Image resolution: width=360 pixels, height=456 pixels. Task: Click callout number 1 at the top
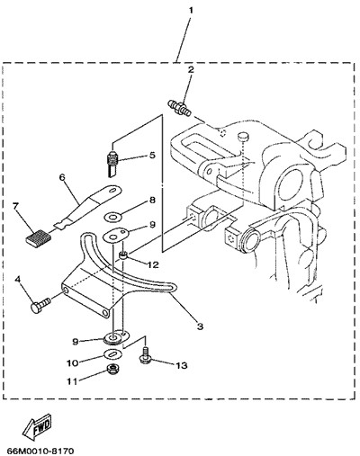[191, 11]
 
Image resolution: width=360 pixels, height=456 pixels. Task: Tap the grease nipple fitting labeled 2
[179, 108]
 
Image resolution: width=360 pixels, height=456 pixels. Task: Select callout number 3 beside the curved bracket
[200, 326]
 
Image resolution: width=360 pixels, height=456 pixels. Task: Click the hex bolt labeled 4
[40, 305]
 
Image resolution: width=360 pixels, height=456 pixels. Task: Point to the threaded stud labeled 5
[112, 164]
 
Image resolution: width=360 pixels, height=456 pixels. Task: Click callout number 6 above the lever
[62, 177]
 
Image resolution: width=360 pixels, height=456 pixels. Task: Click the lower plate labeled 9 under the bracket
[116, 336]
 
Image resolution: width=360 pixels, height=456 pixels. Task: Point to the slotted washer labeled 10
[113, 354]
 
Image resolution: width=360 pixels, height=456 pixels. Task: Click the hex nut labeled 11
[112, 369]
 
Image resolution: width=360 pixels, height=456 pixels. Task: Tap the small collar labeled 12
[124, 255]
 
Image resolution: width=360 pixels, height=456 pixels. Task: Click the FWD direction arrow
[38, 425]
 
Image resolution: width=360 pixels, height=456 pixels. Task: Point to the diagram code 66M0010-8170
[40, 451]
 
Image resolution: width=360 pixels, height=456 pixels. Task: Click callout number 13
[181, 365]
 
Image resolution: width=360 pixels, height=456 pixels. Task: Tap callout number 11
[72, 381]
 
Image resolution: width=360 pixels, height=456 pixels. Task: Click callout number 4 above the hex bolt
[18, 280]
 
